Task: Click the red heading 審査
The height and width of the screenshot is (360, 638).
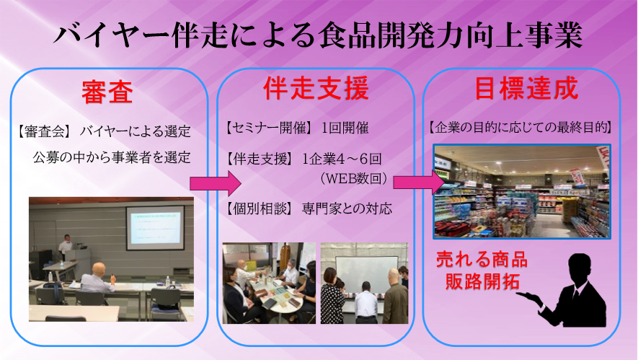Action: pos(107,92)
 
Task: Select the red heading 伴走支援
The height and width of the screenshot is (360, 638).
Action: pos(316,88)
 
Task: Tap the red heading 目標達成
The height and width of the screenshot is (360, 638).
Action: pos(526,88)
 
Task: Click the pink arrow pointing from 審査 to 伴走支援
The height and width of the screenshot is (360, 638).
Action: pos(216,183)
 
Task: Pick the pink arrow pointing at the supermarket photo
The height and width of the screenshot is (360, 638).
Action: pos(419,182)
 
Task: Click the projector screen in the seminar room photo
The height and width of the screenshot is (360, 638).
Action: pos(155,227)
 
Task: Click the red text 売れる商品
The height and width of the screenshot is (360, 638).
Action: pos(482,260)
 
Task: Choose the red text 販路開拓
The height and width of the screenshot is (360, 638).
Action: pos(482,281)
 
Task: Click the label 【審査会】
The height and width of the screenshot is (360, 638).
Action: pos(43,131)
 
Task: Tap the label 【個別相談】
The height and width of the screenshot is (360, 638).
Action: pos(260,209)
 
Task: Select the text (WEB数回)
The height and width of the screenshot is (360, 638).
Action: pos(353,179)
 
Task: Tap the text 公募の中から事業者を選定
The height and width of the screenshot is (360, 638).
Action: pos(112,157)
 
